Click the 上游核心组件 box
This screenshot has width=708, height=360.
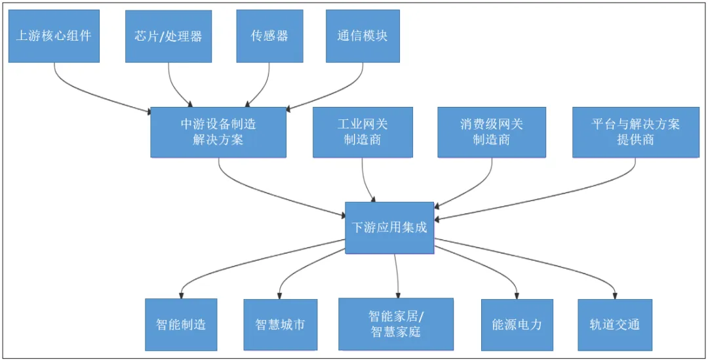tap(54, 36)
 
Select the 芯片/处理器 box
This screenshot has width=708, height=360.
tap(168, 36)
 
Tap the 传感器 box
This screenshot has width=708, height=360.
tap(269, 36)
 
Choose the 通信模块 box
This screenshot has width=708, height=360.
tap(363, 36)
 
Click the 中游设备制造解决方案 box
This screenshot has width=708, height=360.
tap(218, 132)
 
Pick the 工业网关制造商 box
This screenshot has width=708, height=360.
tap(363, 132)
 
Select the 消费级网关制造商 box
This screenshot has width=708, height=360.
tap(492, 132)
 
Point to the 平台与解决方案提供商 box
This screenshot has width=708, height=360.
tap(635, 132)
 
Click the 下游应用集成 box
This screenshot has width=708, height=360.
tap(389, 228)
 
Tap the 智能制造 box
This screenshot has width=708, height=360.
tap(181, 325)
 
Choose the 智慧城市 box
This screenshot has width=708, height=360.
tap(280, 325)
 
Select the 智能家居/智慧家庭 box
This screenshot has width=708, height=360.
tap(396, 324)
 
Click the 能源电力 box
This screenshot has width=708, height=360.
tap(517, 325)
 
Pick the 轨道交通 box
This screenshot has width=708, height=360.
tap(615, 325)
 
